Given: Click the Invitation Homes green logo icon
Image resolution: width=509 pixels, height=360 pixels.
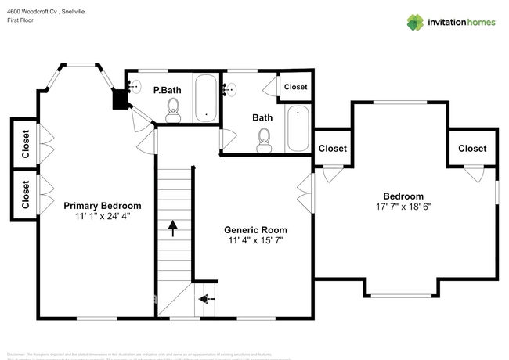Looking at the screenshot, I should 414,22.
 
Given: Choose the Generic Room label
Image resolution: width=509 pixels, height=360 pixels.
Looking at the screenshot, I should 255,230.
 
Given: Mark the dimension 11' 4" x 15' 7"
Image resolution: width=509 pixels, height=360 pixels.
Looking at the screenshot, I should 255,240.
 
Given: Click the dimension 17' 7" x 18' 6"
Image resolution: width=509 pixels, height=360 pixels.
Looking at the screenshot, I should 403,207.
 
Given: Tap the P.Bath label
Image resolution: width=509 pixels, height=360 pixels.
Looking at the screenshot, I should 167,91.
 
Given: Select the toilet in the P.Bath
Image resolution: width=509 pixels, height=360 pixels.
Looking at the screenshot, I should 173,114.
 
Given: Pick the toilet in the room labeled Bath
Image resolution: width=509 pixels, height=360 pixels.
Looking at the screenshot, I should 265,142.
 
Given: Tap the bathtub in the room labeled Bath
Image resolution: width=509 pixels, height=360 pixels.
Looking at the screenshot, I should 298,128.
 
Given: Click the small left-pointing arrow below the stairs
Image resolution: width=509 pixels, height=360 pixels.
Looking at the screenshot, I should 206,299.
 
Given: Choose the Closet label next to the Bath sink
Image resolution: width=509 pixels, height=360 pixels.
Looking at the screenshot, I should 295,87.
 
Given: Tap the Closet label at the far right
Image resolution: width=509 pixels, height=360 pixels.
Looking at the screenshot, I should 471,149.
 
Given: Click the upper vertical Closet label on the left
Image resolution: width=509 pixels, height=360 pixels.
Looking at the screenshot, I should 26,143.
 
